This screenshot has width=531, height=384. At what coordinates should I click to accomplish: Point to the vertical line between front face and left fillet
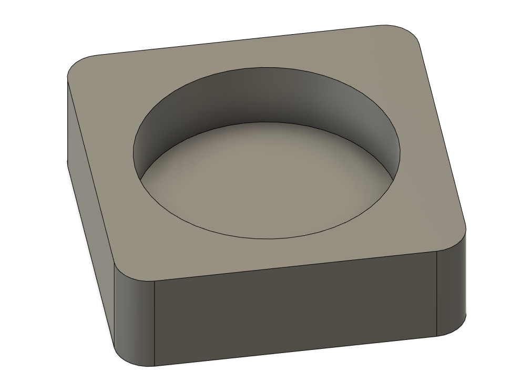pyautogui.click(x=154, y=323)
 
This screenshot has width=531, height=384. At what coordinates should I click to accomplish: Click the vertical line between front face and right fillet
pyautogui.click(x=437, y=294)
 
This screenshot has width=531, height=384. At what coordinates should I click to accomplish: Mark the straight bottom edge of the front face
pyautogui.click(x=294, y=351)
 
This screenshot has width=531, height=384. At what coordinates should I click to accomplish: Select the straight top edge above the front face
pyautogui.click(x=294, y=266)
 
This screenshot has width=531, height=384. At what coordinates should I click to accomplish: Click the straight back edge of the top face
pyautogui.click(x=237, y=40)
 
